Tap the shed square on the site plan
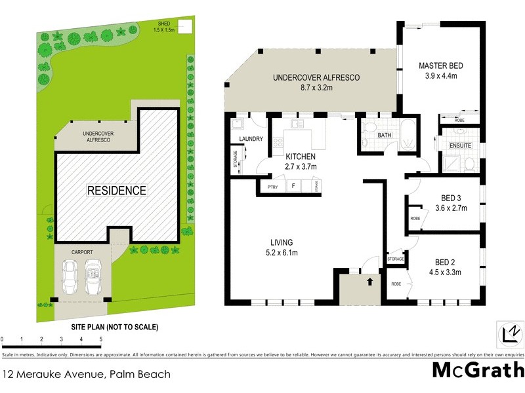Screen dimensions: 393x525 pyautogui.click(x=186, y=26)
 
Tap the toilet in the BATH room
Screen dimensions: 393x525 pyautogui.click(x=369, y=128)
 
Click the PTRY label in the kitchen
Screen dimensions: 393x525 pyautogui.click(x=273, y=188)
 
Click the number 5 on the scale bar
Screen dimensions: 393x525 pyautogui.click(x=100, y=339)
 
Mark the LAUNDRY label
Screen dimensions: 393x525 pyautogui.click(x=251, y=139)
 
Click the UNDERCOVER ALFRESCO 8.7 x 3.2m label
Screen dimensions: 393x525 pyautogui.click(x=316, y=82)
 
